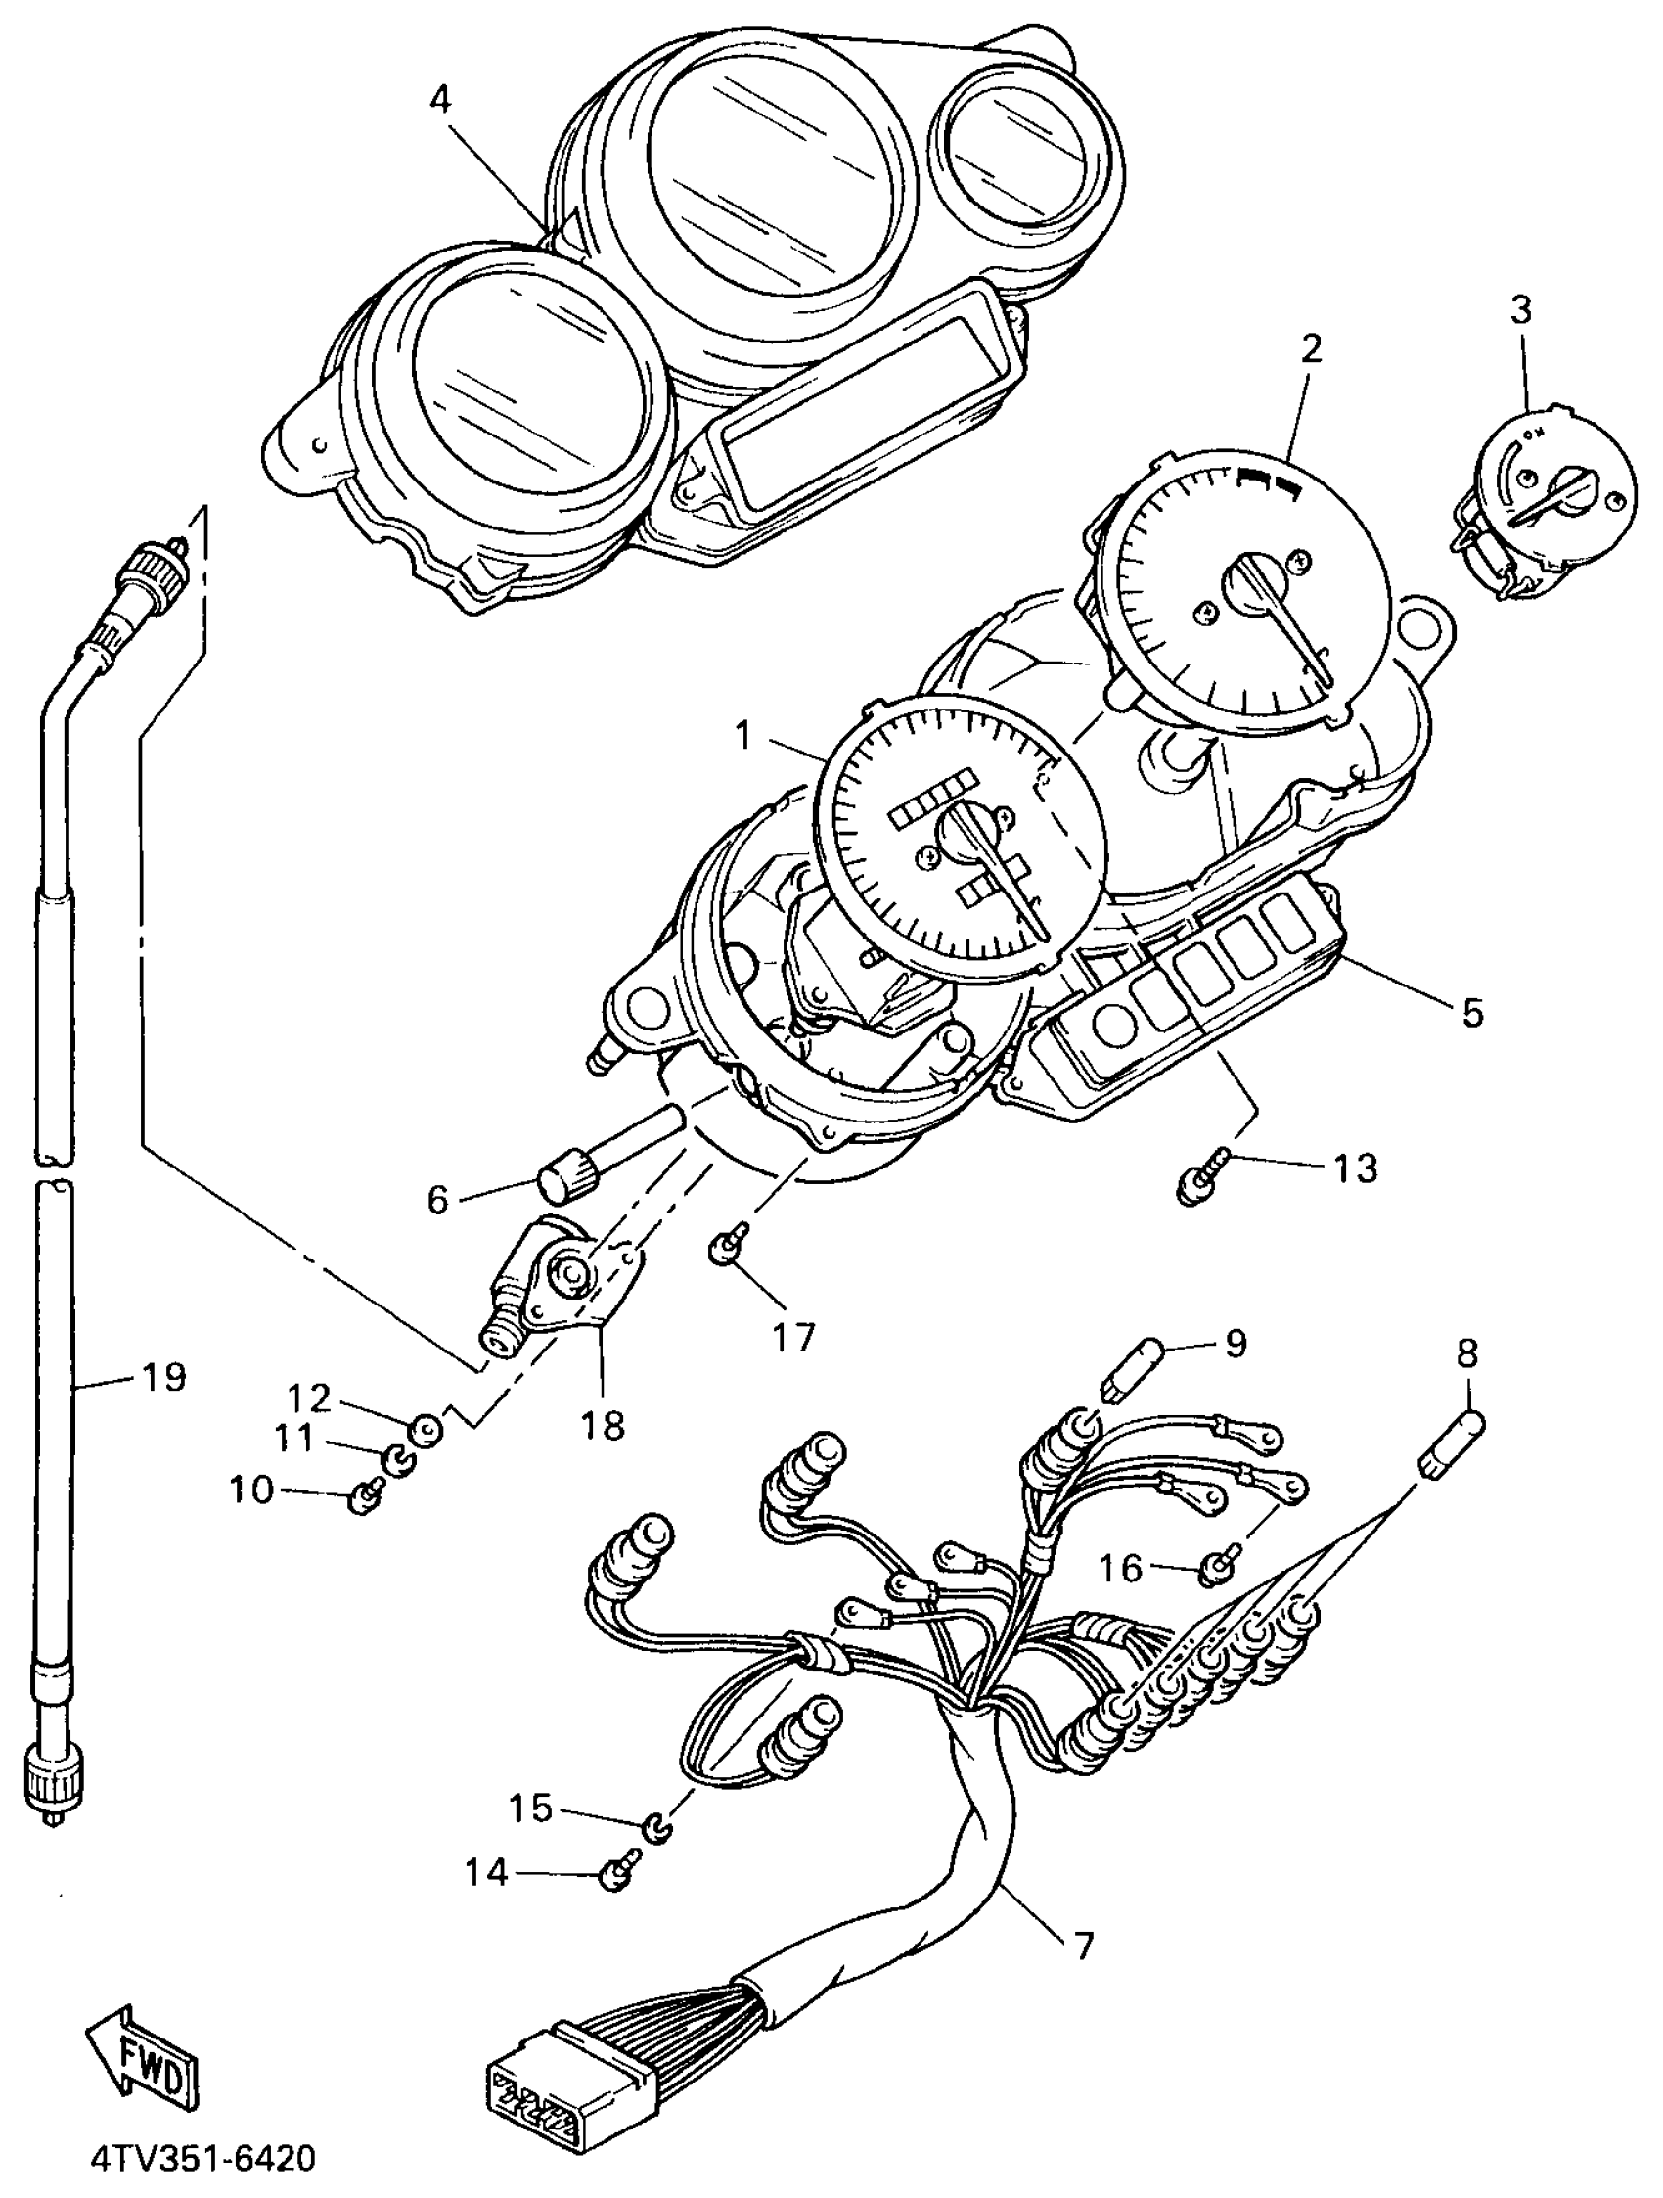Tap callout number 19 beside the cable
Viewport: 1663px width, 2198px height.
point(163,1377)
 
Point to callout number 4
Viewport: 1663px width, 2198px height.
point(440,100)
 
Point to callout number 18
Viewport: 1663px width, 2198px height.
point(603,1424)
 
